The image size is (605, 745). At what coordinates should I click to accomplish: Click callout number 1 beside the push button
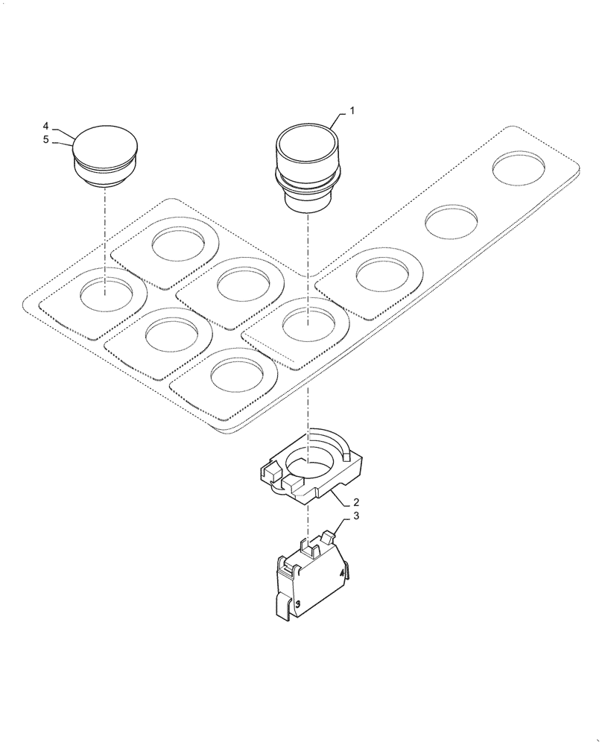pos(352,110)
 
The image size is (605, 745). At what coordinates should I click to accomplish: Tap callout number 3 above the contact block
pos(355,516)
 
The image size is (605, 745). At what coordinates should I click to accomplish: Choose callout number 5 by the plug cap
pos(45,139)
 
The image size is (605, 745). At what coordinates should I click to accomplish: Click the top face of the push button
pos(307,139)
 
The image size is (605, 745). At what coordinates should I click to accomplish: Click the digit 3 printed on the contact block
pos(297,604)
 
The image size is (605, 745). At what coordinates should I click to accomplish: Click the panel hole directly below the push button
pos(307,323)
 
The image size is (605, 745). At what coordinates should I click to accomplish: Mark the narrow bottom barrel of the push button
pos(307,201)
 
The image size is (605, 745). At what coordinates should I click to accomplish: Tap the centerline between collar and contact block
pos(307,521)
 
